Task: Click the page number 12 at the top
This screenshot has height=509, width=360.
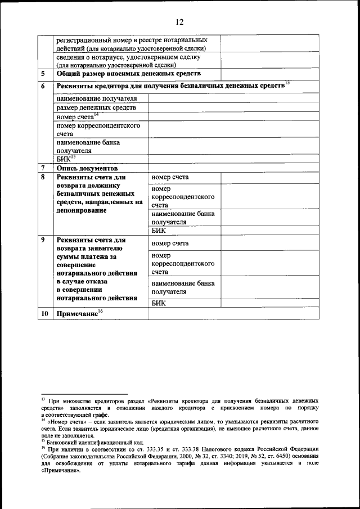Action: coord(179,22)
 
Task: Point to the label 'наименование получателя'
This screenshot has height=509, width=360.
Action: coord(96,98)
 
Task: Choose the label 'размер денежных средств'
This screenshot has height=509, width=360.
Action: coord(96,108)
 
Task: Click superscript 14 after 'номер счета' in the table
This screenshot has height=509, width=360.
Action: coord(96,115)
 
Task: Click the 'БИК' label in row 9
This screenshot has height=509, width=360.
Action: coord(159,303)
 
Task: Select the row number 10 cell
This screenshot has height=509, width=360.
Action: coord(43,314)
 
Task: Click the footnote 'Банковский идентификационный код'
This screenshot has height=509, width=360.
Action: coord(88,442)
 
